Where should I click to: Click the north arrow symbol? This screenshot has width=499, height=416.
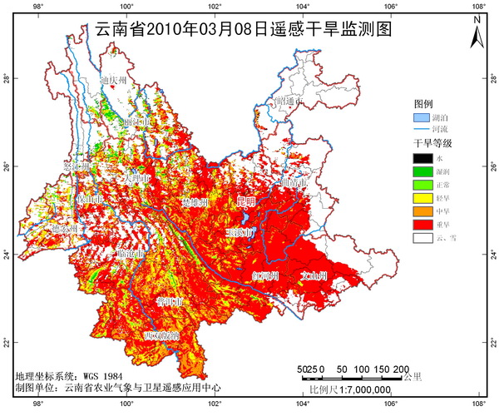477,32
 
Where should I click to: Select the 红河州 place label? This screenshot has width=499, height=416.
265,275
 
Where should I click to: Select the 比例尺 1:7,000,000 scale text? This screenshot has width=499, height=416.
349,389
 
